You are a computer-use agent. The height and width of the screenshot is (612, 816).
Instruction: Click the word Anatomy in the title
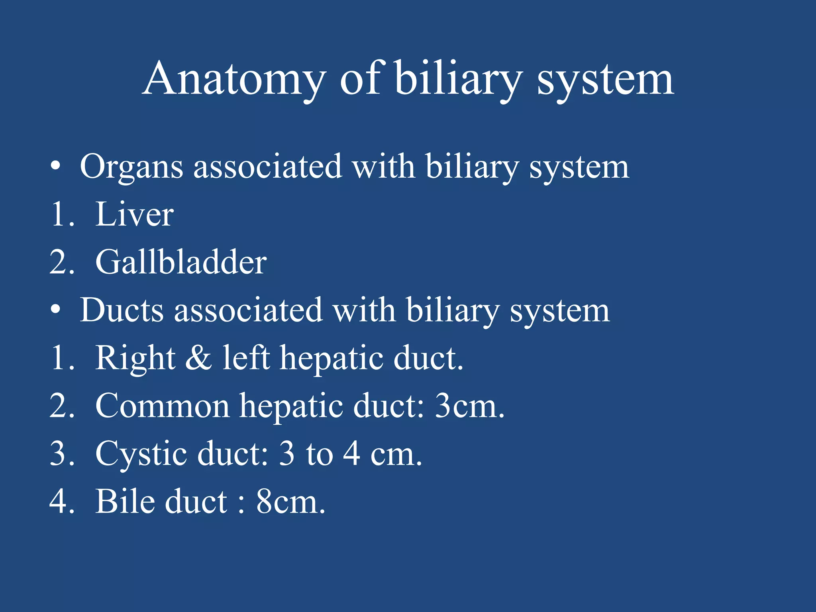click(234, 80)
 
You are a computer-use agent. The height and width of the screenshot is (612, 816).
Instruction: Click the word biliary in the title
click(458, 80)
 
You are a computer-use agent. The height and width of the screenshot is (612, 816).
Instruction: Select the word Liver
click(134, 215)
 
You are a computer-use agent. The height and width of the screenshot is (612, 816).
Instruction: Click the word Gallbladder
click(181, 263)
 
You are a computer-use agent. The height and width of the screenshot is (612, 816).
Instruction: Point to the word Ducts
click(122, 310)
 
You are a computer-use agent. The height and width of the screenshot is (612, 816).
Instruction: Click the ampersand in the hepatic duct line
click(198, 358)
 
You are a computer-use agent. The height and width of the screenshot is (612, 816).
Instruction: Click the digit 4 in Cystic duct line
click(352, 454)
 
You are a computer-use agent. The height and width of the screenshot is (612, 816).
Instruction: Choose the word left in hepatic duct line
click(246, 358)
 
